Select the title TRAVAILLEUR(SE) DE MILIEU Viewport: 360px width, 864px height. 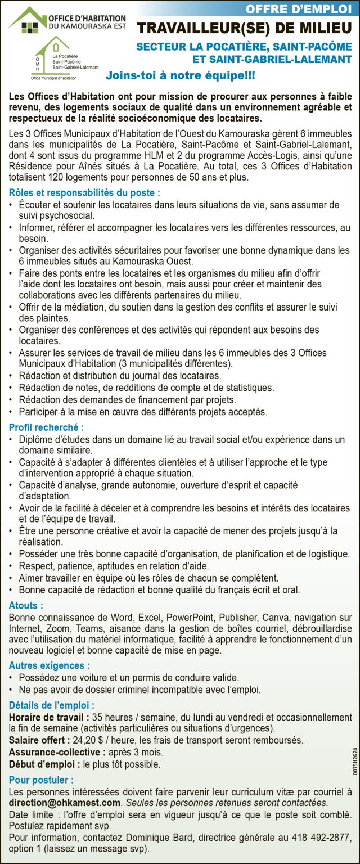click(x=245, y=28)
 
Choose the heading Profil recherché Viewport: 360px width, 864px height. click(x=46, y=427)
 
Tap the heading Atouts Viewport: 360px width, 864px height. click(x=26, y=606)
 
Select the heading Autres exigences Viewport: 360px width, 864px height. click(x=49, y=665)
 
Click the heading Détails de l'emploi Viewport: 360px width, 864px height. click(x=51, y=705)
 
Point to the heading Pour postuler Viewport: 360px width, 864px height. click(x=41, y=780)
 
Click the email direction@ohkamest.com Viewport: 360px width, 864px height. click(x=65, y=803)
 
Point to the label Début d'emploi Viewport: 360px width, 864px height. click(x=44, y=764)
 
